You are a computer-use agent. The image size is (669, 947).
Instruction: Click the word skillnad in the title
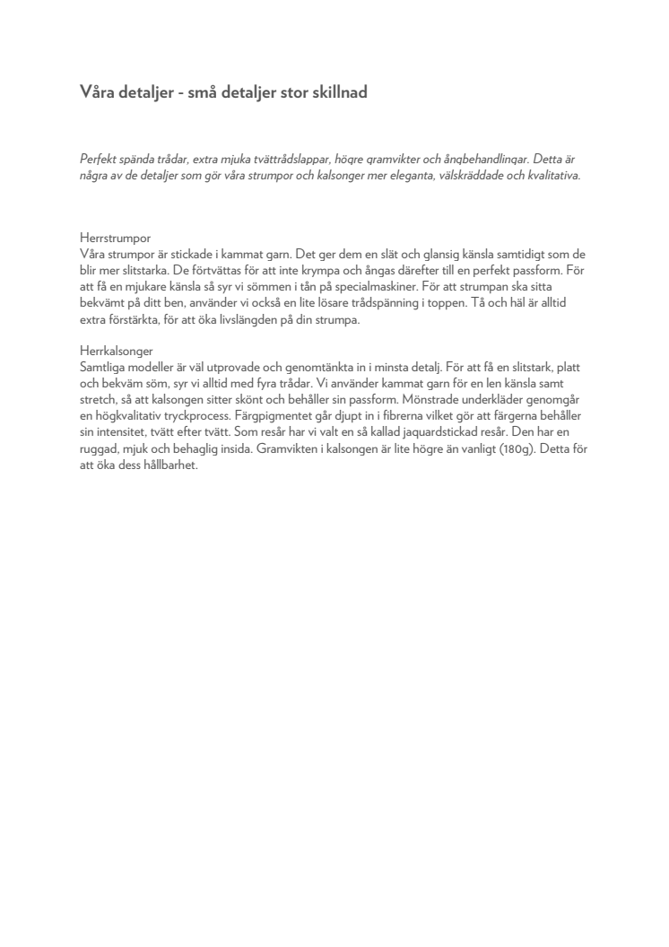coord(336,93)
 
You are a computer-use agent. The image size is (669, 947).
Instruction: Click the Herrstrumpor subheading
coord(109,239)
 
